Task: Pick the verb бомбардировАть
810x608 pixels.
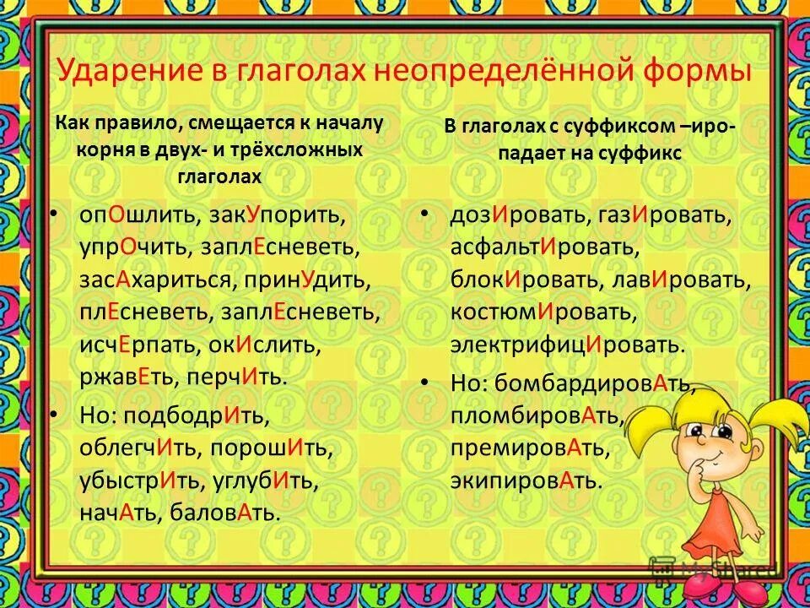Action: coord(591,384)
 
